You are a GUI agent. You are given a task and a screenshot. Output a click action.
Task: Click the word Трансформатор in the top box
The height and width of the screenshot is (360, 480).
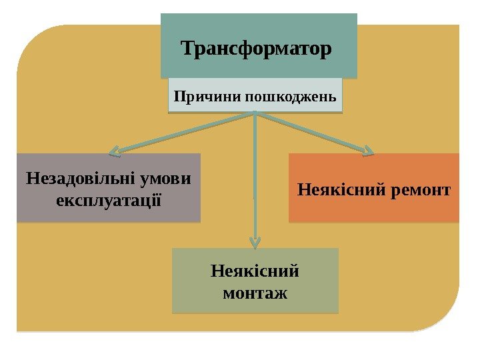[x=257, y=49]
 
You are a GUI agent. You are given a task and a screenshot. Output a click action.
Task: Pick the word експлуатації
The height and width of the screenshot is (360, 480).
[x=109, y=199]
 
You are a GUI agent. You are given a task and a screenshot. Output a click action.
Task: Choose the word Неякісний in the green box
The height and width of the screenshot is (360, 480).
[x=255, y=271]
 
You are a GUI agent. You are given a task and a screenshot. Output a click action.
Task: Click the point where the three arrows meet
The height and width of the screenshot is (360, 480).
[x=255, y=113]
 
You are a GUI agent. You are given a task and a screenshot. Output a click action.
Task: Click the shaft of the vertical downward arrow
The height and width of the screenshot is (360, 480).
[x=254, y=180]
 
